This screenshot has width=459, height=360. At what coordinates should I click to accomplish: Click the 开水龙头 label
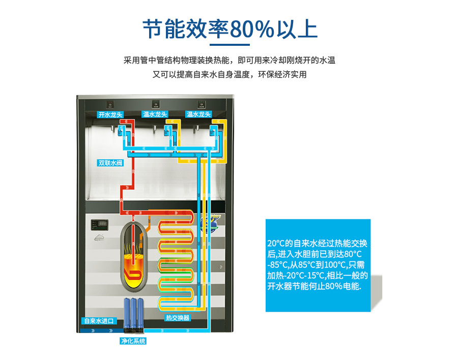[110, 115]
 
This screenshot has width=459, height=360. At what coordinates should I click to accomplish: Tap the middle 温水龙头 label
[154, 115]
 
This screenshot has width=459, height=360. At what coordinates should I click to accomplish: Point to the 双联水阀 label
[110, 163]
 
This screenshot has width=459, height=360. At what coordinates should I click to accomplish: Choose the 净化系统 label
[133, 341]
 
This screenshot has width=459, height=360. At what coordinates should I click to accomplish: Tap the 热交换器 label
[177, 318]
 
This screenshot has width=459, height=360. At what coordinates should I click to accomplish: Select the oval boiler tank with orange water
[133, 255]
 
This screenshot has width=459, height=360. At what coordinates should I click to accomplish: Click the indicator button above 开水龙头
[110, 104]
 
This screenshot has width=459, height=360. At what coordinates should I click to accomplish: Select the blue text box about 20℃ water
[318, 265]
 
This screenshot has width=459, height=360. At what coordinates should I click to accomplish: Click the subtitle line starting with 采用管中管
[229, 60]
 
